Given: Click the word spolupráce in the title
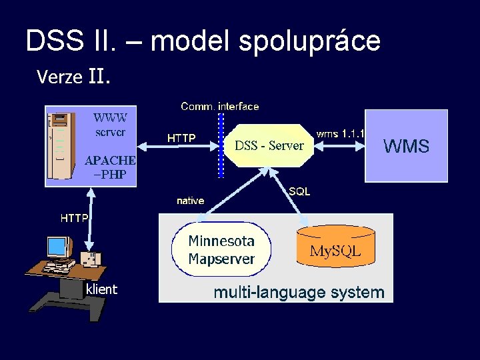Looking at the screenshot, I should pyautogui.click(x=309, y=41).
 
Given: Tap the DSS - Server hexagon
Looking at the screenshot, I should pyautogui.click(x=269, y=145).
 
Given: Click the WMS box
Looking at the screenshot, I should pyautogui.click(x=406, y=146).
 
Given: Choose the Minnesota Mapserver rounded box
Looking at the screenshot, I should pyautogui.click(x=221, y=249).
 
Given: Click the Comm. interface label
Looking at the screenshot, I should pyautogui.click(x=220, y=106).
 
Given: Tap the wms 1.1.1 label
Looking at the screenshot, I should pyautogui.click(x=340, y=133).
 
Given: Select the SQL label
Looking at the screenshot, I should pyautogui.click(x=299, y=191).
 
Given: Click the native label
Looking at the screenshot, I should pyautogui.click(x=190, y=201).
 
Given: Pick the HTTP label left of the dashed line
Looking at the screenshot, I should pyautogui.click(x=181, y=138).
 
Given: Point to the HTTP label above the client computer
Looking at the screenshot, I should pyautogui.click(x=75, y=218).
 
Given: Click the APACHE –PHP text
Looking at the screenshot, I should pyautogui.click(x=110, y=167).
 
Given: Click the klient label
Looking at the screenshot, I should pyautogui.click(x=101, y=289).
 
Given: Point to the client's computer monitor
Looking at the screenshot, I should pyautogui.click(x=58, y=248).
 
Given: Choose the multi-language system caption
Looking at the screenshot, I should pyautogui.click(x=298, y=292).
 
